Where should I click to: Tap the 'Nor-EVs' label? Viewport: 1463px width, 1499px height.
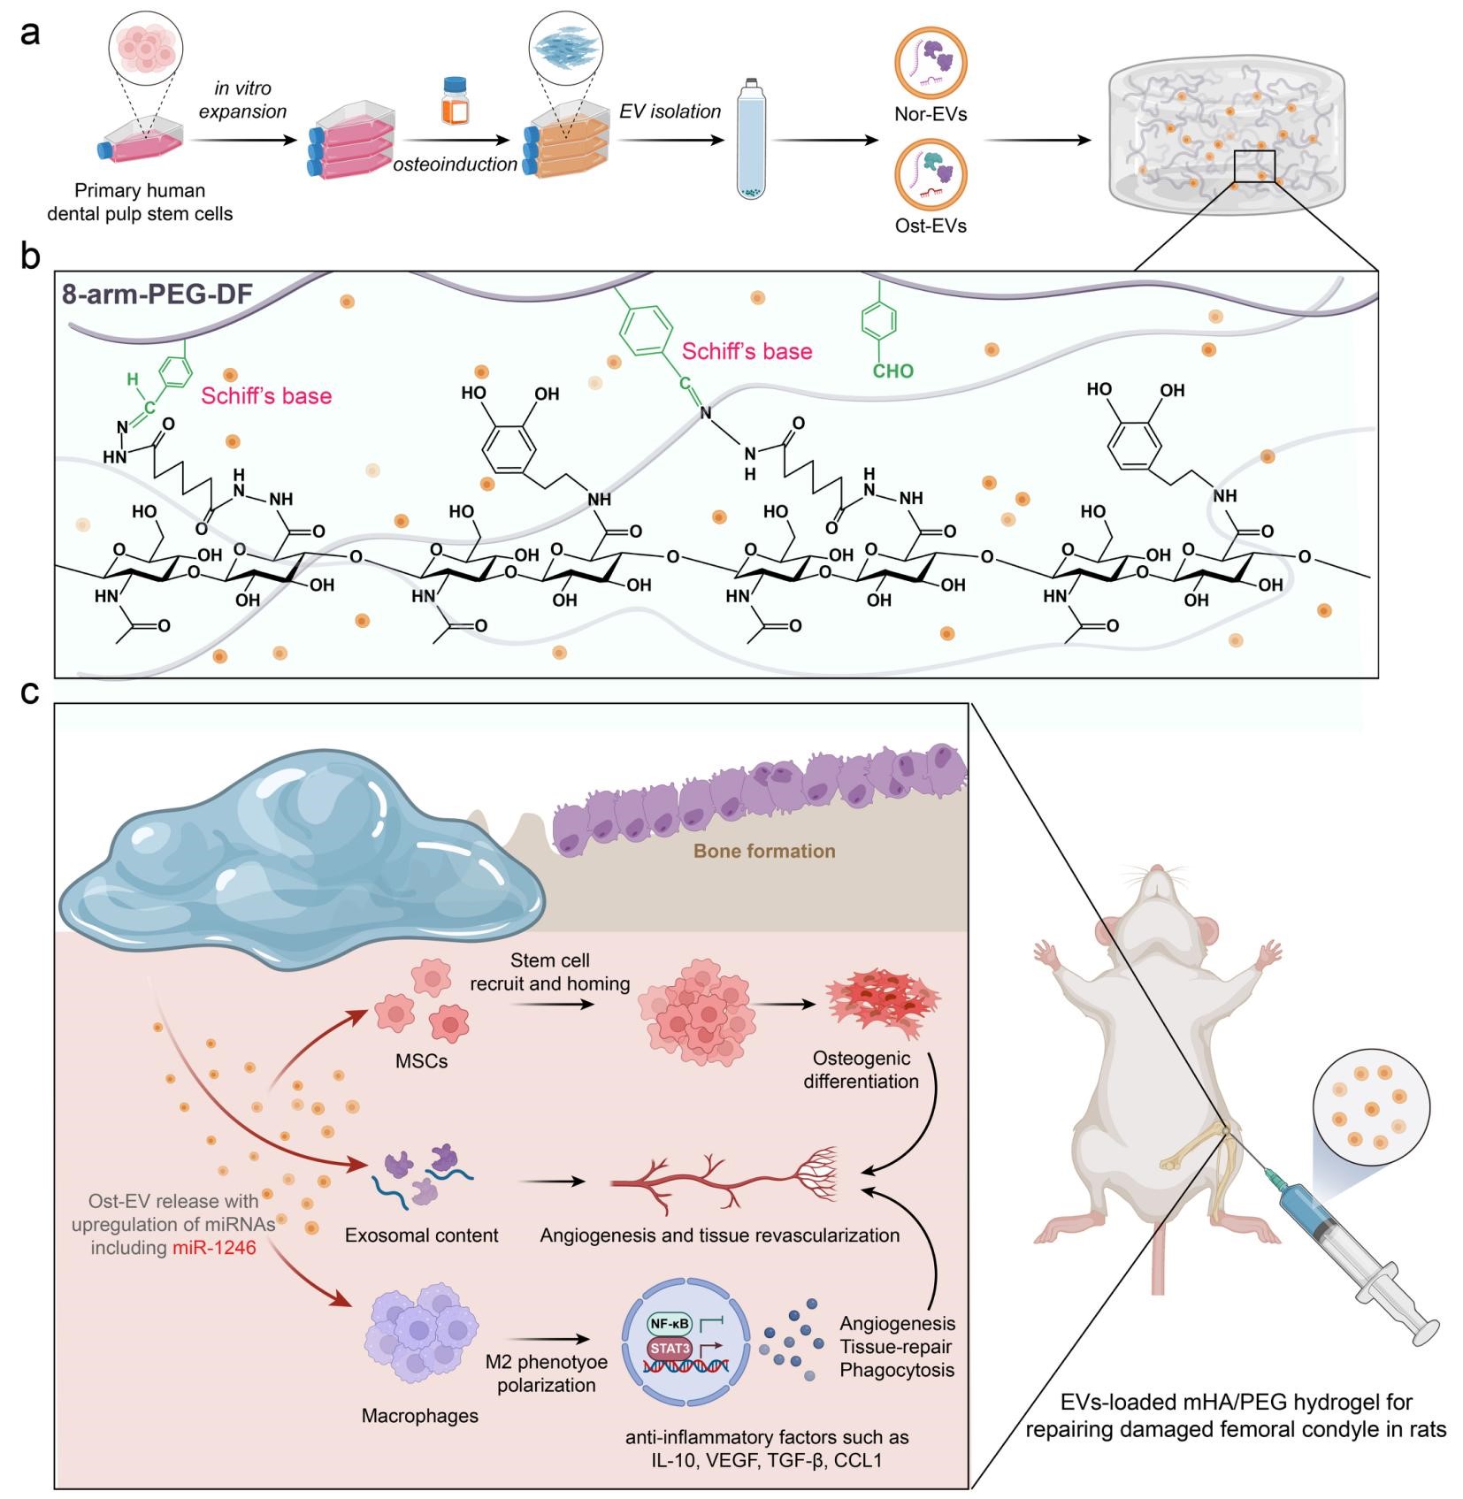pyautogui.click(x=931, y=114)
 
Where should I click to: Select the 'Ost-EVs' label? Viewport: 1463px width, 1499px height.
pyautogui.click(x=931, y=226)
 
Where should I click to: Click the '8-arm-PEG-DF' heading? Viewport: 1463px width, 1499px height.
pyautogui.click(x=157, y=294)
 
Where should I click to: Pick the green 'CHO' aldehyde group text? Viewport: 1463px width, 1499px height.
pyautogui.click(x=892, y=371)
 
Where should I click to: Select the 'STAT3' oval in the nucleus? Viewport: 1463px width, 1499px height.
pyautogui.click(x=670, y=1349)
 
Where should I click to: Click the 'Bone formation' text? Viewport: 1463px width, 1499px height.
pyautogui.click(x=764, y=851)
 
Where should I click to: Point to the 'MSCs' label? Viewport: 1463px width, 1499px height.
pyautogui.click(x=421, y=1061)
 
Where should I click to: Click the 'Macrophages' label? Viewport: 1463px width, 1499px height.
pyautogui.click(x=419, y=1416)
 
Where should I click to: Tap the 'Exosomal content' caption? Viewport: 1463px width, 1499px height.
pyautogui.click(x=422, y=1235)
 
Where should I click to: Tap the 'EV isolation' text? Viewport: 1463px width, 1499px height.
pyautogui.click(x=670, y=111)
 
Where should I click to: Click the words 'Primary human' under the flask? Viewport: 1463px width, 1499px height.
pyautogui.click(x=140, y=191)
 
